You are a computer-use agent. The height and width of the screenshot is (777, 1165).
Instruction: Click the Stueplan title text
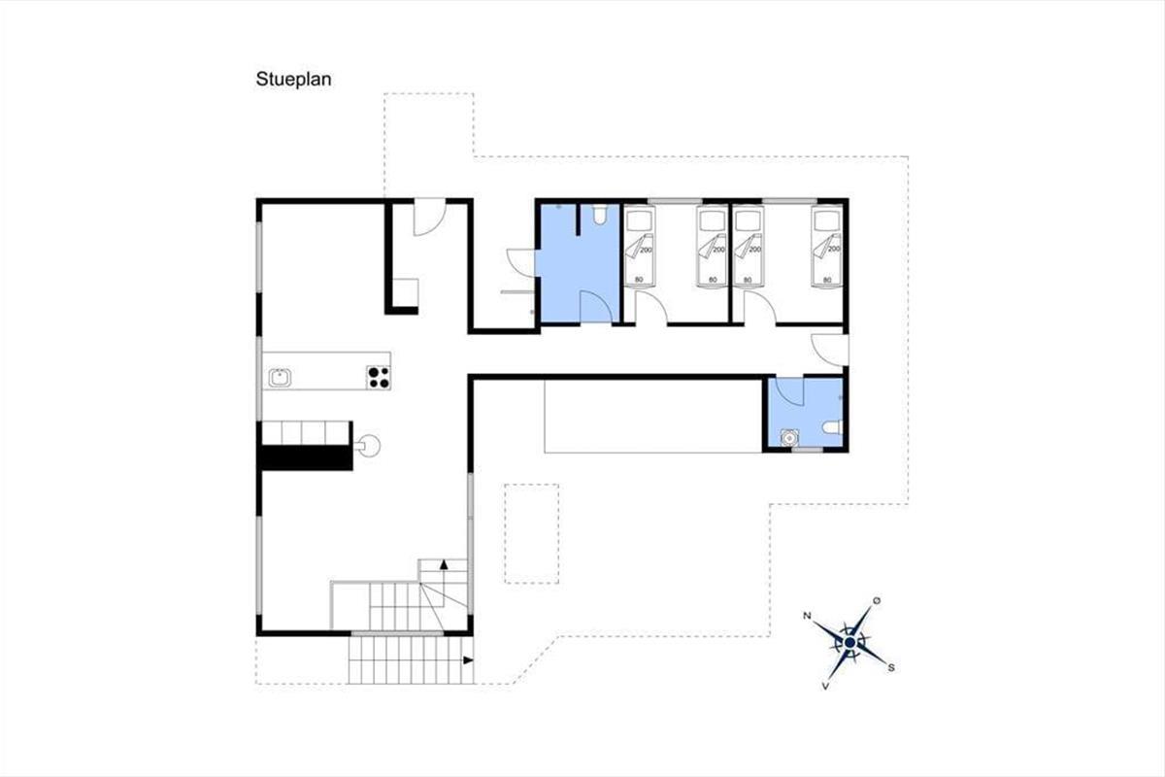pos(293,80)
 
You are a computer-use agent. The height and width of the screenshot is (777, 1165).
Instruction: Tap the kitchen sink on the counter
pos(280,377)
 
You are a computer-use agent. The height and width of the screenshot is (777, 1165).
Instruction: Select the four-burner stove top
pos(379,377)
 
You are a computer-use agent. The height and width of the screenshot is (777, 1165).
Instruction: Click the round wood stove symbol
pos(369,446)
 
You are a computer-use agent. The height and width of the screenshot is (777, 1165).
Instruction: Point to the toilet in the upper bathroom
pos(600,215)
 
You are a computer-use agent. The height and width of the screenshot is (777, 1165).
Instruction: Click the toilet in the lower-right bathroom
pos(832,427)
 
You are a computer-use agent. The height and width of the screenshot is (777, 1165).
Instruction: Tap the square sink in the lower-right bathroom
pos(789,438)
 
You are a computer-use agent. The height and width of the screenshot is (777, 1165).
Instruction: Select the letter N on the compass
pos(807,616)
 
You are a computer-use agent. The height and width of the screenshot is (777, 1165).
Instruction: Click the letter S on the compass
pos(891,667)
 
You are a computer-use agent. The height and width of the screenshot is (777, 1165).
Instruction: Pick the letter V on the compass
pos(825,687)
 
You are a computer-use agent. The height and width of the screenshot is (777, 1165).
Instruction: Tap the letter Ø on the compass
pos(877,601)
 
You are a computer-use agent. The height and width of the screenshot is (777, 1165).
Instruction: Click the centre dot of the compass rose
pos(850,643)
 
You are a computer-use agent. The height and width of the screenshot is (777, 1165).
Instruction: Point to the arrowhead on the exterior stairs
pos(468,659)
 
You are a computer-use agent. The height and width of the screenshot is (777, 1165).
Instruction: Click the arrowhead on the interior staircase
pos(444,564)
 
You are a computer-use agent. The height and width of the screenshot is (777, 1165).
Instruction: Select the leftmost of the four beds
pos(639,246)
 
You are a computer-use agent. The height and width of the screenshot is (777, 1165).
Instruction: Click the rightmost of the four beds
pos(827,246)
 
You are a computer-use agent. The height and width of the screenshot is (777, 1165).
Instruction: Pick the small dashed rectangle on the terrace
pos(532,533)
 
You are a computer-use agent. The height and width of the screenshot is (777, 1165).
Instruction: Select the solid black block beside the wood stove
pos(307,458)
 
